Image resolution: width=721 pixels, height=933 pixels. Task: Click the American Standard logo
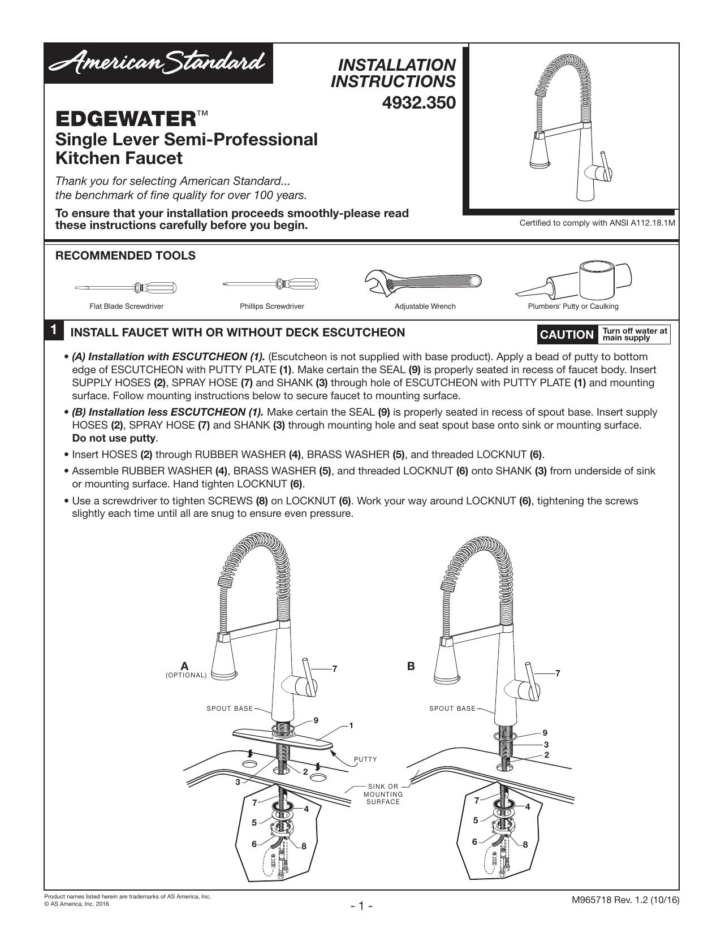[158, 63]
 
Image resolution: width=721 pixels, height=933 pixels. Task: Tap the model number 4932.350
[418, 103]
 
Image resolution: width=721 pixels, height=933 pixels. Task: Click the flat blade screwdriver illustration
[126, 287]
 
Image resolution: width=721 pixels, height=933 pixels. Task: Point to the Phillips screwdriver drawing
[271, 283]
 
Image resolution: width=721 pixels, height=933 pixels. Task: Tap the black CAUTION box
[567, 335]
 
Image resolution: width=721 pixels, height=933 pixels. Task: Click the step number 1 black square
[53, 330]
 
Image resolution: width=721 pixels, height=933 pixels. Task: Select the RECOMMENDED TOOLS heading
[126, 256]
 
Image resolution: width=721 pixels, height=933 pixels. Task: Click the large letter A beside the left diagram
[185, 666]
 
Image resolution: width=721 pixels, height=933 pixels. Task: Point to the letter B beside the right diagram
[411, 666]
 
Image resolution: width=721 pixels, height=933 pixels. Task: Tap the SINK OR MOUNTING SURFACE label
[383, 794]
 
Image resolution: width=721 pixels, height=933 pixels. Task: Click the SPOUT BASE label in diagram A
[230, 709]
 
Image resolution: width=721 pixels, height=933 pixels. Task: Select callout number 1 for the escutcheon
[351, 725]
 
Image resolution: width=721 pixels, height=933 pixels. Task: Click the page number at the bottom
[361, 906]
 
